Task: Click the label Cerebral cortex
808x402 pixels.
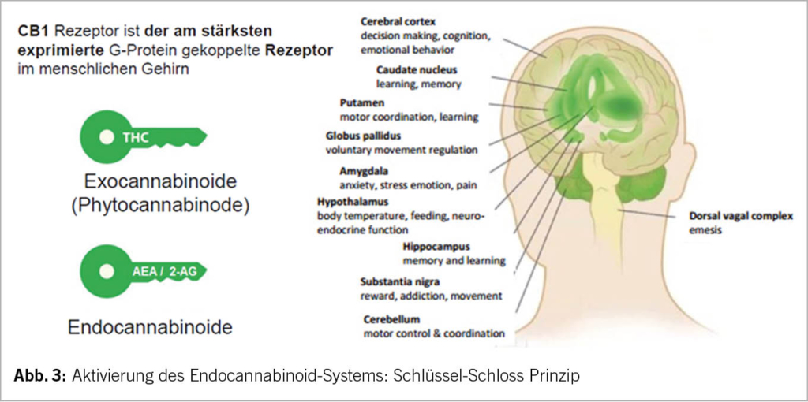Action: tap(398, 21)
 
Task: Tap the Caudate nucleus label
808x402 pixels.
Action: tap(417, 69)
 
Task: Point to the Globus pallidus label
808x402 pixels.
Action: tap(361, 136)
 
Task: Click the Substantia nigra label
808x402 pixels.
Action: tap(400, 281)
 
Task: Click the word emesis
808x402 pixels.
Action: tap(701, 231)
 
